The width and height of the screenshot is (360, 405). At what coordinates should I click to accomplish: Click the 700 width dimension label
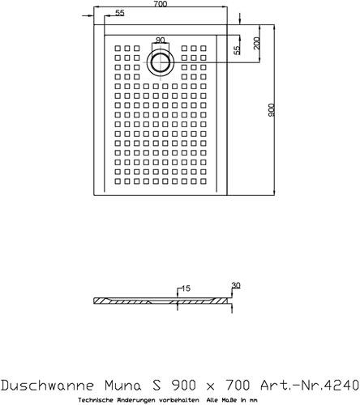[x=161, y=4]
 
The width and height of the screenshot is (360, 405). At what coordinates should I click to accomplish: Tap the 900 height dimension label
[x=271, y=110]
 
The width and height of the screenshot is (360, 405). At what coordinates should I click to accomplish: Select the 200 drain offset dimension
[x=256, y=43]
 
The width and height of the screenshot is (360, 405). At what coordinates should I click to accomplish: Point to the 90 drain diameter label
[x=160, y=40]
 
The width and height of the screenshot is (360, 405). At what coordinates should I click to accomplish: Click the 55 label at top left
[x=120, y=13]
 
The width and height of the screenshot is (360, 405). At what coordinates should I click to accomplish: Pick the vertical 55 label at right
[x=237, y=50]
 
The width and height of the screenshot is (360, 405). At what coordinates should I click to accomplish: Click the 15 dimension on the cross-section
[x=186, y=288]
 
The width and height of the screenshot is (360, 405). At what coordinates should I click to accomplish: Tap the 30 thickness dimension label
[x=236, y=286]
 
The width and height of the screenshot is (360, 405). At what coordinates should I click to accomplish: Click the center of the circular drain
[x=161, y=62]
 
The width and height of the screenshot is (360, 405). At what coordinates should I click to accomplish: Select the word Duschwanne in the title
[x=48, y=385]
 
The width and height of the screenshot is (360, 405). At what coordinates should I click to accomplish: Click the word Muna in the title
[x=123, y=385]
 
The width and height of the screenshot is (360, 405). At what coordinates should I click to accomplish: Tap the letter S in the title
[x=156, y=385]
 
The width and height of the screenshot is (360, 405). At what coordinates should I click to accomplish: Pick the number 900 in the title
[x=183, y=385]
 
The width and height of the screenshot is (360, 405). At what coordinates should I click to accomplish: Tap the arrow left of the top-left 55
[x=88, y=16]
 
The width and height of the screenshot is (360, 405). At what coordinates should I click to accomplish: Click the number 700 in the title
[x=238, y=385]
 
